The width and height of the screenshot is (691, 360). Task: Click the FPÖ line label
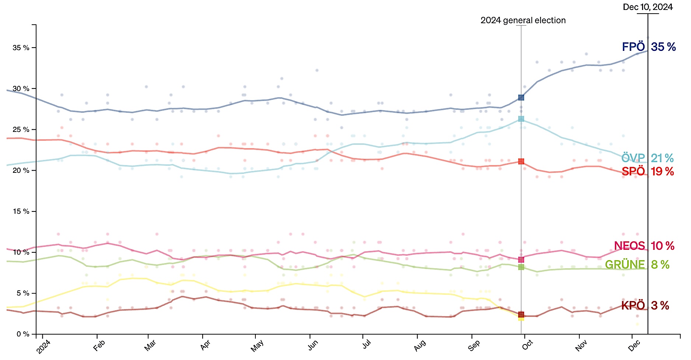(x=649, y=47)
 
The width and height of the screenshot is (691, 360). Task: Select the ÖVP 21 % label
(x=648, y=158)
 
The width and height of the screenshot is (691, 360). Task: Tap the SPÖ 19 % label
(x=648, y=171)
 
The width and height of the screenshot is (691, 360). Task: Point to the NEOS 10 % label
(x=644, y=246)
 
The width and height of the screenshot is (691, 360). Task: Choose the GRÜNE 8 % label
(x=637, y=265)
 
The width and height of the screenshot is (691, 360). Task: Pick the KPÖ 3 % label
(x=645, y=305)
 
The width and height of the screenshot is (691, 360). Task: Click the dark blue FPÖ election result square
(x=521, y=98)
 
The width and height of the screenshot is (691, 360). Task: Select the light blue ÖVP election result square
(x=521, y=119)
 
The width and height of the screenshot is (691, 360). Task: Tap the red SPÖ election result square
(x=521, y=161)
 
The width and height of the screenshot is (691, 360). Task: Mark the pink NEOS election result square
(x=521, y=260)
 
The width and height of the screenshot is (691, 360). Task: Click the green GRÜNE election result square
(x=521, y=267)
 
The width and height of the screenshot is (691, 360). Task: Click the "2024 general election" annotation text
(x=523, y=21)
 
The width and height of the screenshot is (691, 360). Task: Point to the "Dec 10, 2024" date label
(x=648, y=7)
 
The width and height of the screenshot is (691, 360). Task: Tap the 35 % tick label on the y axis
(x=21, y=48)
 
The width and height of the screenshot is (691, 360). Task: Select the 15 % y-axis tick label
(x=21, y=212)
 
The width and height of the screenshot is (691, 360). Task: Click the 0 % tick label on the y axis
(x=23, y=334)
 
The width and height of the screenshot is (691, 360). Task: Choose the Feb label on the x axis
(x=99, y=346)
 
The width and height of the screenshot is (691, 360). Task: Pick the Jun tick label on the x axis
(x=313, y=346)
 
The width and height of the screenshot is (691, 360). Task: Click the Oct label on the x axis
(x=527, y=345)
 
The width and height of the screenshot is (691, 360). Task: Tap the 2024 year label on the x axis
(x=43, y=347)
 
